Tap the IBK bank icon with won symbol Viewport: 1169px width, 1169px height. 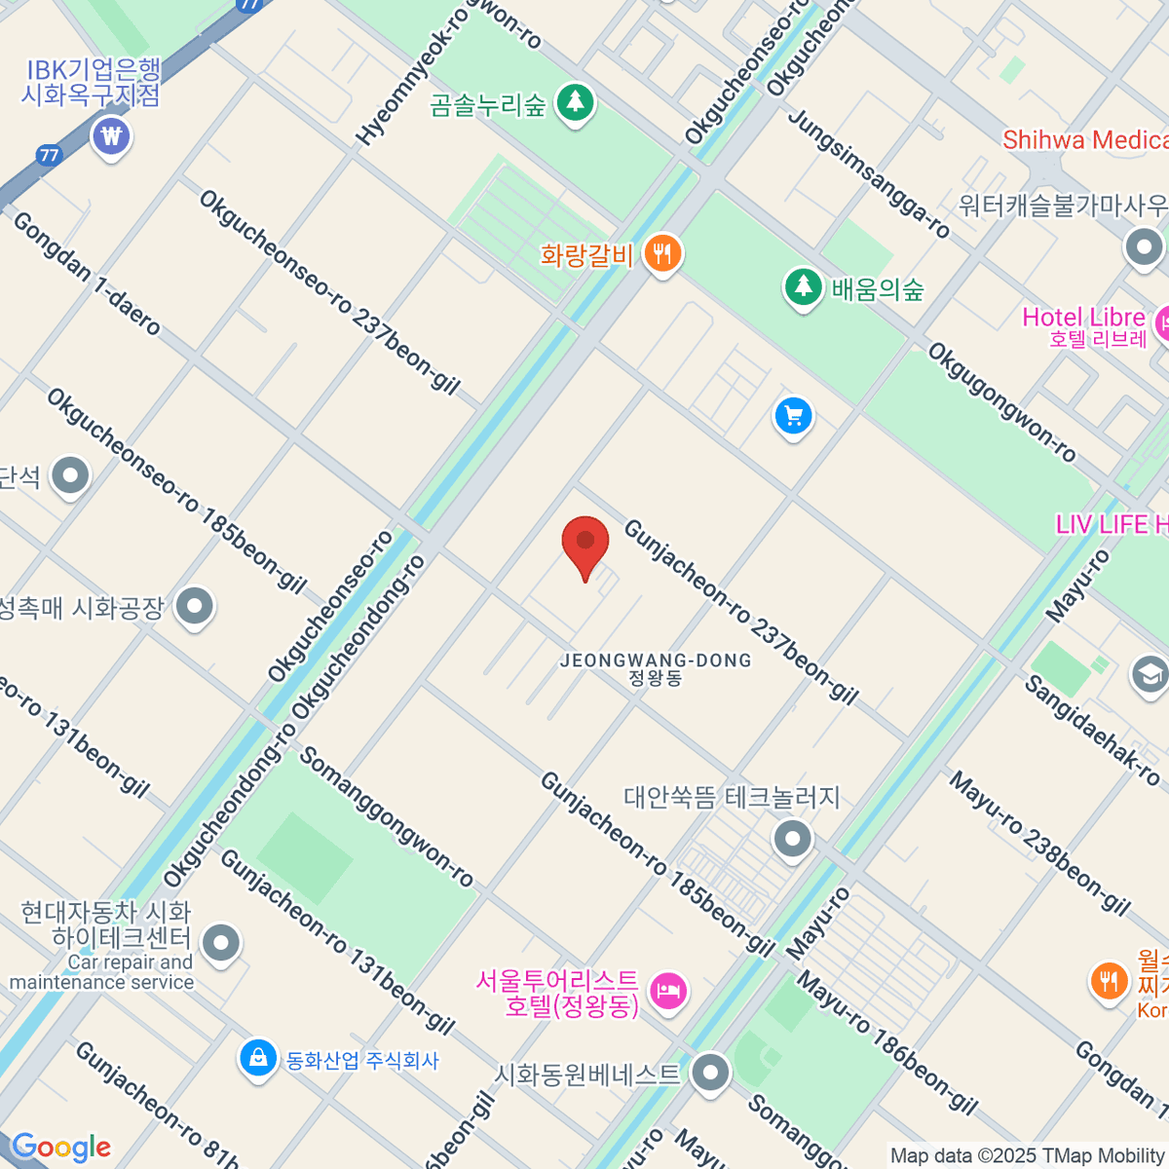coord(112,136)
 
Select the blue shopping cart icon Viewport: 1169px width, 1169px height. coord(793,417)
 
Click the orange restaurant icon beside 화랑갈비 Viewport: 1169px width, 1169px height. coord(662,255)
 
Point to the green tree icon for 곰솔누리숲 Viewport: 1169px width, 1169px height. coord(575,102)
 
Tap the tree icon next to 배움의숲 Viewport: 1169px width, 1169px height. coord(804,288)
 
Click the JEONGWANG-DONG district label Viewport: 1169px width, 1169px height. coord(656,667)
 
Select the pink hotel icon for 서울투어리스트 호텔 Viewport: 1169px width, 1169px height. coord(668,992)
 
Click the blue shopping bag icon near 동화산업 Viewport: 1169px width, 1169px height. coord(258,1058)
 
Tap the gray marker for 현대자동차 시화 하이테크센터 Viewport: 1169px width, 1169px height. coord(221,943)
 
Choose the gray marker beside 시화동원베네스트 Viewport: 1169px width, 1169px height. coord(710,1074)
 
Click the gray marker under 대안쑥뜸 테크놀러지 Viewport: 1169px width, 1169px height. coord(792,838)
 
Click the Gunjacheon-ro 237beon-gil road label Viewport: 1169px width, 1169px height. coord(740,611)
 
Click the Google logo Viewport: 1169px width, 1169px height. coord(61,1147)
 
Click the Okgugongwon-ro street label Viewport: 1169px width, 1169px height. coord(1001,402)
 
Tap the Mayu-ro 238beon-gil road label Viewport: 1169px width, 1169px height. coord(1039,844)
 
